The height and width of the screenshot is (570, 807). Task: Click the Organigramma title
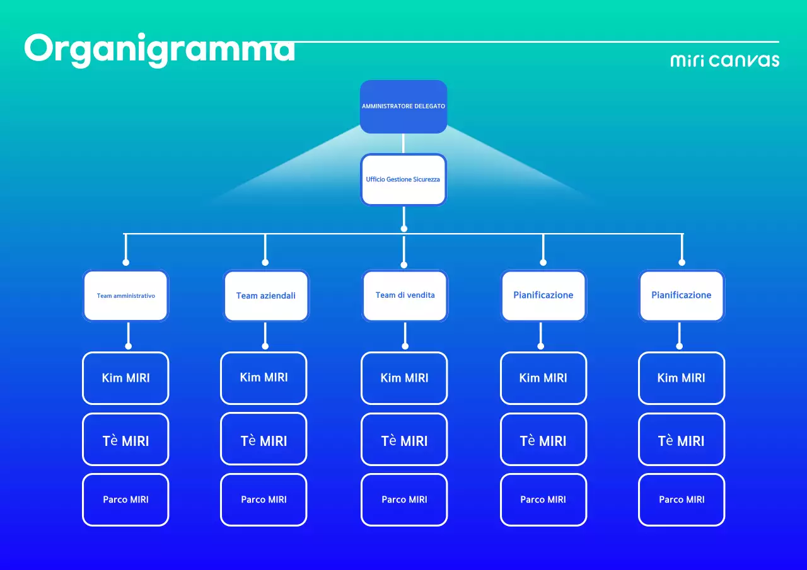[x=160, y=49]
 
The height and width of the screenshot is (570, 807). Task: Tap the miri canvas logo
[x=724, y=60]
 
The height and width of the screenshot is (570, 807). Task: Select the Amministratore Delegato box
[x=403, y=106]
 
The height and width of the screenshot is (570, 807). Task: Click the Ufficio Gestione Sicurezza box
[x=403, y=180]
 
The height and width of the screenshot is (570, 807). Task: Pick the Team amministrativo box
[x=126, y=295]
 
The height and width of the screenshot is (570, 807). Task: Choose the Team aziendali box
[x=266, y=295]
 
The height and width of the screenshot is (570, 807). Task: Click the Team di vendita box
[x=405, y=295]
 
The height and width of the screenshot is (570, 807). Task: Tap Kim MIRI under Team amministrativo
[x=126, y=378]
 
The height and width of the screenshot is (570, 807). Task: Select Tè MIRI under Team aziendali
[x=264, y=441]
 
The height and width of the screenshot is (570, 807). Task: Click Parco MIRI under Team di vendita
[x=404, y=499]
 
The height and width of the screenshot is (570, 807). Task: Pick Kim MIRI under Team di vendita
[x=404, y=378]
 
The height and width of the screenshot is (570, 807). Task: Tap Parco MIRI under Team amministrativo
[x=126, y=499]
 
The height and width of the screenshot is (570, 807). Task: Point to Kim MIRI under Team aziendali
[x=264, y=377]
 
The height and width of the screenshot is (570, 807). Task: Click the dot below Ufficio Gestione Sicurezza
[x=404, y=229]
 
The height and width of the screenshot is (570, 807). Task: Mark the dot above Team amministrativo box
[x=126, y=262]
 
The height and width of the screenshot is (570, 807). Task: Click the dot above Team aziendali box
[x=265, y=262]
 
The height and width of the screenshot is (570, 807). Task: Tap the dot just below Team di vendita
[x=405, y=346]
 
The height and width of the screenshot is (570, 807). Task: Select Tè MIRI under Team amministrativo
[x=126, y=441]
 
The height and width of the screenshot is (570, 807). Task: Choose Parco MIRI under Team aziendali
[x=264, y=499]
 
